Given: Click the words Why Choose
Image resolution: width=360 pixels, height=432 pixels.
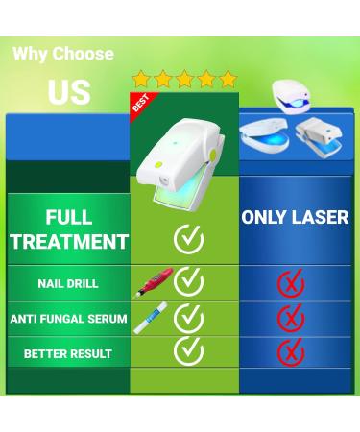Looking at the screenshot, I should (x=63, y=54).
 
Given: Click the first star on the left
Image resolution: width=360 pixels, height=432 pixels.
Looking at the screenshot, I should (x=141, y=79).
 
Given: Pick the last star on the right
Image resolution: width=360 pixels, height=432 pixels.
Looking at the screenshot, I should (x=228, y=79).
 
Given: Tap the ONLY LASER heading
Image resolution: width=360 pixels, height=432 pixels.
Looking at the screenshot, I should (x=295, y=217).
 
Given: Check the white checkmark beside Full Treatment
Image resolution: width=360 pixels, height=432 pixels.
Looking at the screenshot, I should (x=188, y=237).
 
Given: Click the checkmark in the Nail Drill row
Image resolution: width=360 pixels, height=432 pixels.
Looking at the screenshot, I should (x=188, y=281).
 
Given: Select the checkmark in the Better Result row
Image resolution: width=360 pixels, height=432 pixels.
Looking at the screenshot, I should (x=188, y=351).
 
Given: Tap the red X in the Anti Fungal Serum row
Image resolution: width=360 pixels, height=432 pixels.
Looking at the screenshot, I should (x=291, y=318).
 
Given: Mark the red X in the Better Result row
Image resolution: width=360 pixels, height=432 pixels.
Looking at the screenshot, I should (x=291, y=352).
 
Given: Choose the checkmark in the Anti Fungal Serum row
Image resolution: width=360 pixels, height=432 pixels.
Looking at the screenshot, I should (x=188, y=317).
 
